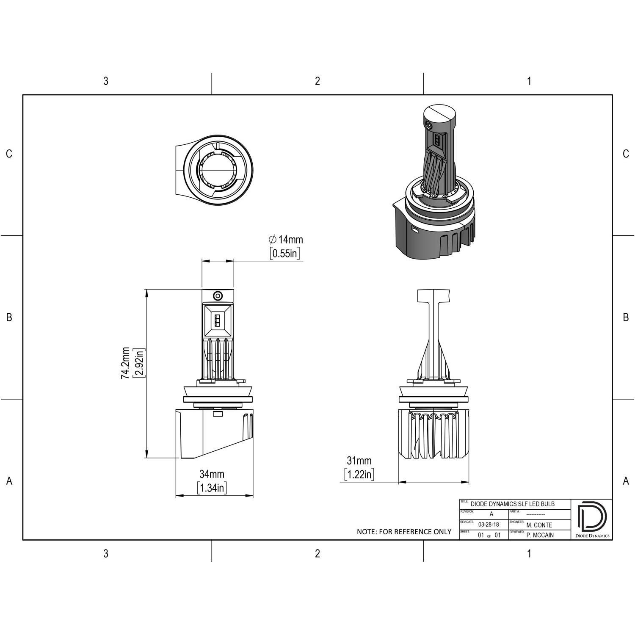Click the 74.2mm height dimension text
(126, 363)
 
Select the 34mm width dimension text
(212, 474)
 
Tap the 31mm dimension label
(359, 461)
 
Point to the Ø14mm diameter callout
(286, 240)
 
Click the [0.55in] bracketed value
(285, 254)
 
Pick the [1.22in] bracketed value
(359, 475)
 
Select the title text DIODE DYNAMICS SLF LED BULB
(512, 504)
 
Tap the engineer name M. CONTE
(539, 525)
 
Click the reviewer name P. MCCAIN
(540, 535)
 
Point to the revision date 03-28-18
(488, 525)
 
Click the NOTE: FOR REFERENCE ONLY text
(404, 532)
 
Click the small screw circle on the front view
(218, 295)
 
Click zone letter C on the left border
(9, 154)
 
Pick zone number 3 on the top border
(106, 81)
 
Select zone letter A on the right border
(626, 481)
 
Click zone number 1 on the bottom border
(529, 553)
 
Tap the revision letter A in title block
(491, 514)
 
